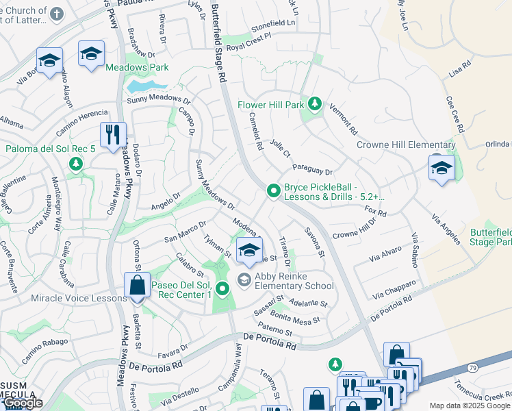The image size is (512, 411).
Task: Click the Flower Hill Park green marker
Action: pyautogui.click(x=314, y=104)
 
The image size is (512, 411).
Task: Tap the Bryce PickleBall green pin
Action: pyautogui.click(x=273, y=191)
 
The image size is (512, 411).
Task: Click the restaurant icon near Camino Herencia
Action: pyautogui.click(x=113, y=134)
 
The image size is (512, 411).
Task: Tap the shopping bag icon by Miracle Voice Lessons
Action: pyautogui.click(x=137, y=286)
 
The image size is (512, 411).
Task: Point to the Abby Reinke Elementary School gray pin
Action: pyautogui.click(x=243, y=279)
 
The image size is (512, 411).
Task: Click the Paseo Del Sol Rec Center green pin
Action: pyautogui.click(x=222, y=289)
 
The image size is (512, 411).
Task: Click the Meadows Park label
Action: pyautogui.click(x=137, y=68)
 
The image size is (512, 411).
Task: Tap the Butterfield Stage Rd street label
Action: pyautogui.click(x=217, y=41)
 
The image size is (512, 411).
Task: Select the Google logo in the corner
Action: pyautogui.click(x=23, y=403)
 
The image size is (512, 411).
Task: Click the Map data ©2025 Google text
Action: pyautogui.click(x=470, y=406)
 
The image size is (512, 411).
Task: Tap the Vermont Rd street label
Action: pyautogui.click(x=344, y=119)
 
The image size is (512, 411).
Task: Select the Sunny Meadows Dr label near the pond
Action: pyautogui.click(x=158, y=101)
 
